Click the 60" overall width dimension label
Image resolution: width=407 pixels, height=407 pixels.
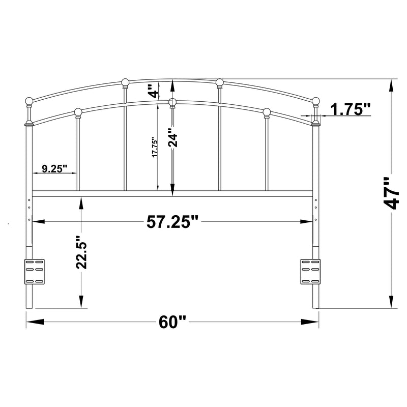coord(172,322)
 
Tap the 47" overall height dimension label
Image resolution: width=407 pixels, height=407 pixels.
coord(391,194)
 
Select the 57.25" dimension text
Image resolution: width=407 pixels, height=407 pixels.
coord(172,222)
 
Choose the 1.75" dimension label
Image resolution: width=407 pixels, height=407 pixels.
coord(351,109)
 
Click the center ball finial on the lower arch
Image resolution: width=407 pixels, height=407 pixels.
coord(172,102)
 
